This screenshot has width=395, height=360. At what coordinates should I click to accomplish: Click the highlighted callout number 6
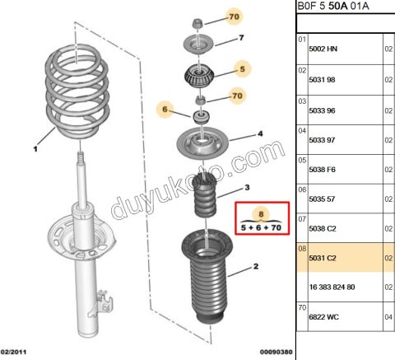[x=164, y=110]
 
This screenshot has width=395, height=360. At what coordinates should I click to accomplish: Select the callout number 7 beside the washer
[x=241, y=39]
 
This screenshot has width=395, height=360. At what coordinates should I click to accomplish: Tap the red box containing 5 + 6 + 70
[x=260, y=218]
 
